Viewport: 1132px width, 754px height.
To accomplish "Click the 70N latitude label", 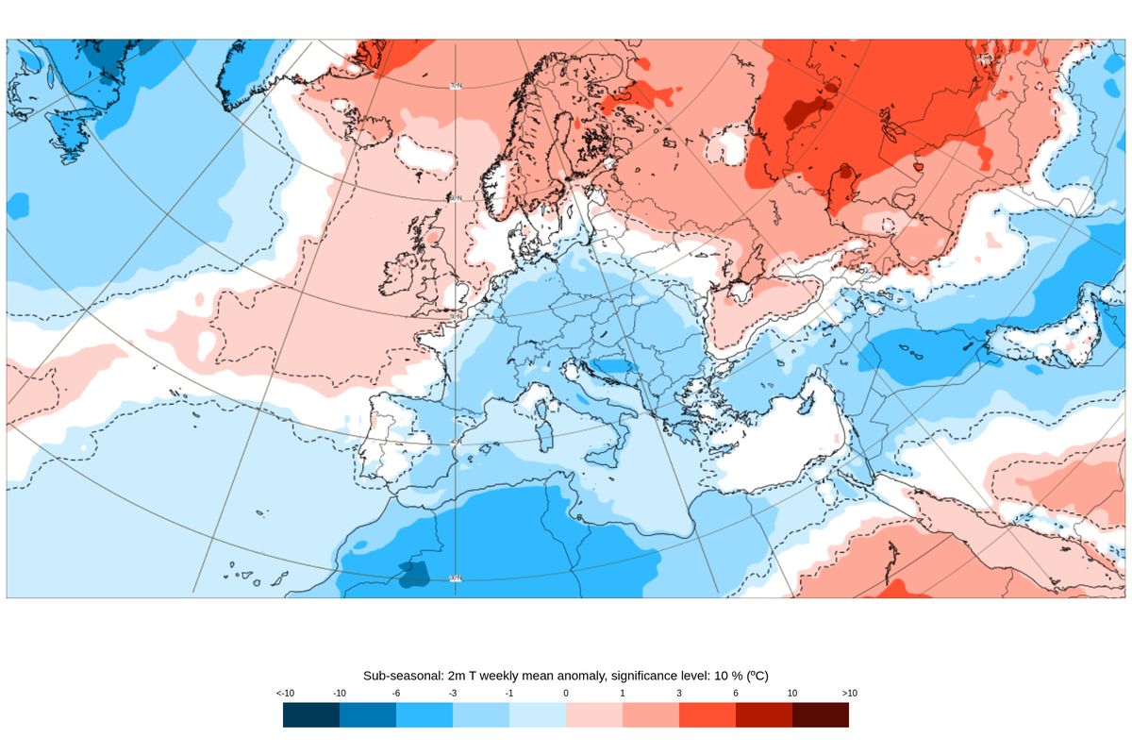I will click(x=456, y=86).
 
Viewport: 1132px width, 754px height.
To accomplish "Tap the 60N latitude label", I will click(x=456, y=198).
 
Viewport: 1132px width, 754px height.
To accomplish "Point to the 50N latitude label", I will click(x=456, y=316).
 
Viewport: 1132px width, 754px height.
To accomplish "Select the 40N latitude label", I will click(x=456, y=441).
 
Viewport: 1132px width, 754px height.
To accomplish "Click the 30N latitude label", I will click(x=456, y=578).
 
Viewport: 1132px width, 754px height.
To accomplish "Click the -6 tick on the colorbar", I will click(x=396, y=694).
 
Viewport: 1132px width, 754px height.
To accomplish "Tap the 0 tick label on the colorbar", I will click(x=566, y=694).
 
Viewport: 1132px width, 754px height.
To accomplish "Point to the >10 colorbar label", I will click(x=848, y=694).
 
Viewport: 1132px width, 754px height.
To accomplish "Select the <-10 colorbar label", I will click(x=285, y=694).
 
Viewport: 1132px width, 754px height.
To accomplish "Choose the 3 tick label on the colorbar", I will click(x=679, y=694).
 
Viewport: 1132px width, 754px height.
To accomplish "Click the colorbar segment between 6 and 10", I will click(x=764, y=715).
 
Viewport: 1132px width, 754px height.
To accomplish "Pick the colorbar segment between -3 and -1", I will click(x=481, y=715).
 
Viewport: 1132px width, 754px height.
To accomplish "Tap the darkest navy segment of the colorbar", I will click(x=311, y=715).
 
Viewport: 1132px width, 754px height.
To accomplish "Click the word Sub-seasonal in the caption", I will click(x=399, y=676).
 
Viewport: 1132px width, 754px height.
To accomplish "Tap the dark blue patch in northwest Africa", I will click(x=413, y=574).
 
